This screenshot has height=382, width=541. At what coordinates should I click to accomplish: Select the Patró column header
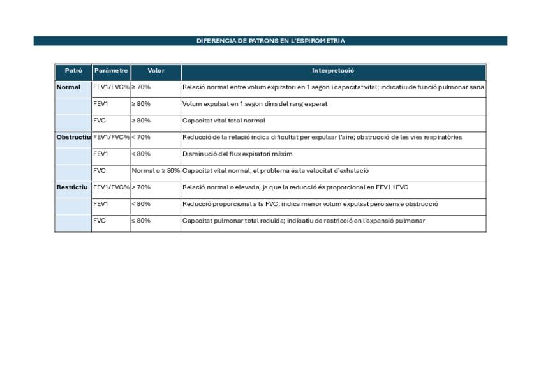[73, 71]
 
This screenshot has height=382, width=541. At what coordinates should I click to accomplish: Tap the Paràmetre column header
[111, 71]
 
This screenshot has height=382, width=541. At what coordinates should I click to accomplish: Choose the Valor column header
[156, 71]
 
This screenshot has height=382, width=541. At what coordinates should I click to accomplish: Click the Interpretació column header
[333, 71]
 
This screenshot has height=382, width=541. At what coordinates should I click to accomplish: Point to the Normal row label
[69, 87]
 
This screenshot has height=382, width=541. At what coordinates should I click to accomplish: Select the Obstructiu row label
[73, 137]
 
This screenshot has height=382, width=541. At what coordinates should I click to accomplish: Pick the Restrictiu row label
[72, 187]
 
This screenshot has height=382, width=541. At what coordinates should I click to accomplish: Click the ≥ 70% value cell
[141, 87]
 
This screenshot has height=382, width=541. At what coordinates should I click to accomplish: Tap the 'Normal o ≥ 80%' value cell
[156, 171]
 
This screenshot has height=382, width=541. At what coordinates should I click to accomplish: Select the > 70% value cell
[141, 187]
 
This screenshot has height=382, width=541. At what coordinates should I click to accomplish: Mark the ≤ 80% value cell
[141, 221]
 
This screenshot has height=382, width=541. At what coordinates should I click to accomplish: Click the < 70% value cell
[141, 137]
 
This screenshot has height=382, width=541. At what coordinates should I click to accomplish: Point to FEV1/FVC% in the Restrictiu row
[111, 187]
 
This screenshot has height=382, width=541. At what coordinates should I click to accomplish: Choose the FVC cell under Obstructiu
[100, 171]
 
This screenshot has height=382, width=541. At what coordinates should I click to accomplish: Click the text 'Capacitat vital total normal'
[224, 121]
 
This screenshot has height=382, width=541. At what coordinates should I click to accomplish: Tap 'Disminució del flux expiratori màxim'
[237, 154]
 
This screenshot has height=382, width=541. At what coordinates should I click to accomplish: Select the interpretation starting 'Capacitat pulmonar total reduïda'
[304, 221]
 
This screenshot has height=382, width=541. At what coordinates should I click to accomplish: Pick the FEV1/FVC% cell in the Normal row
[111, 87]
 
